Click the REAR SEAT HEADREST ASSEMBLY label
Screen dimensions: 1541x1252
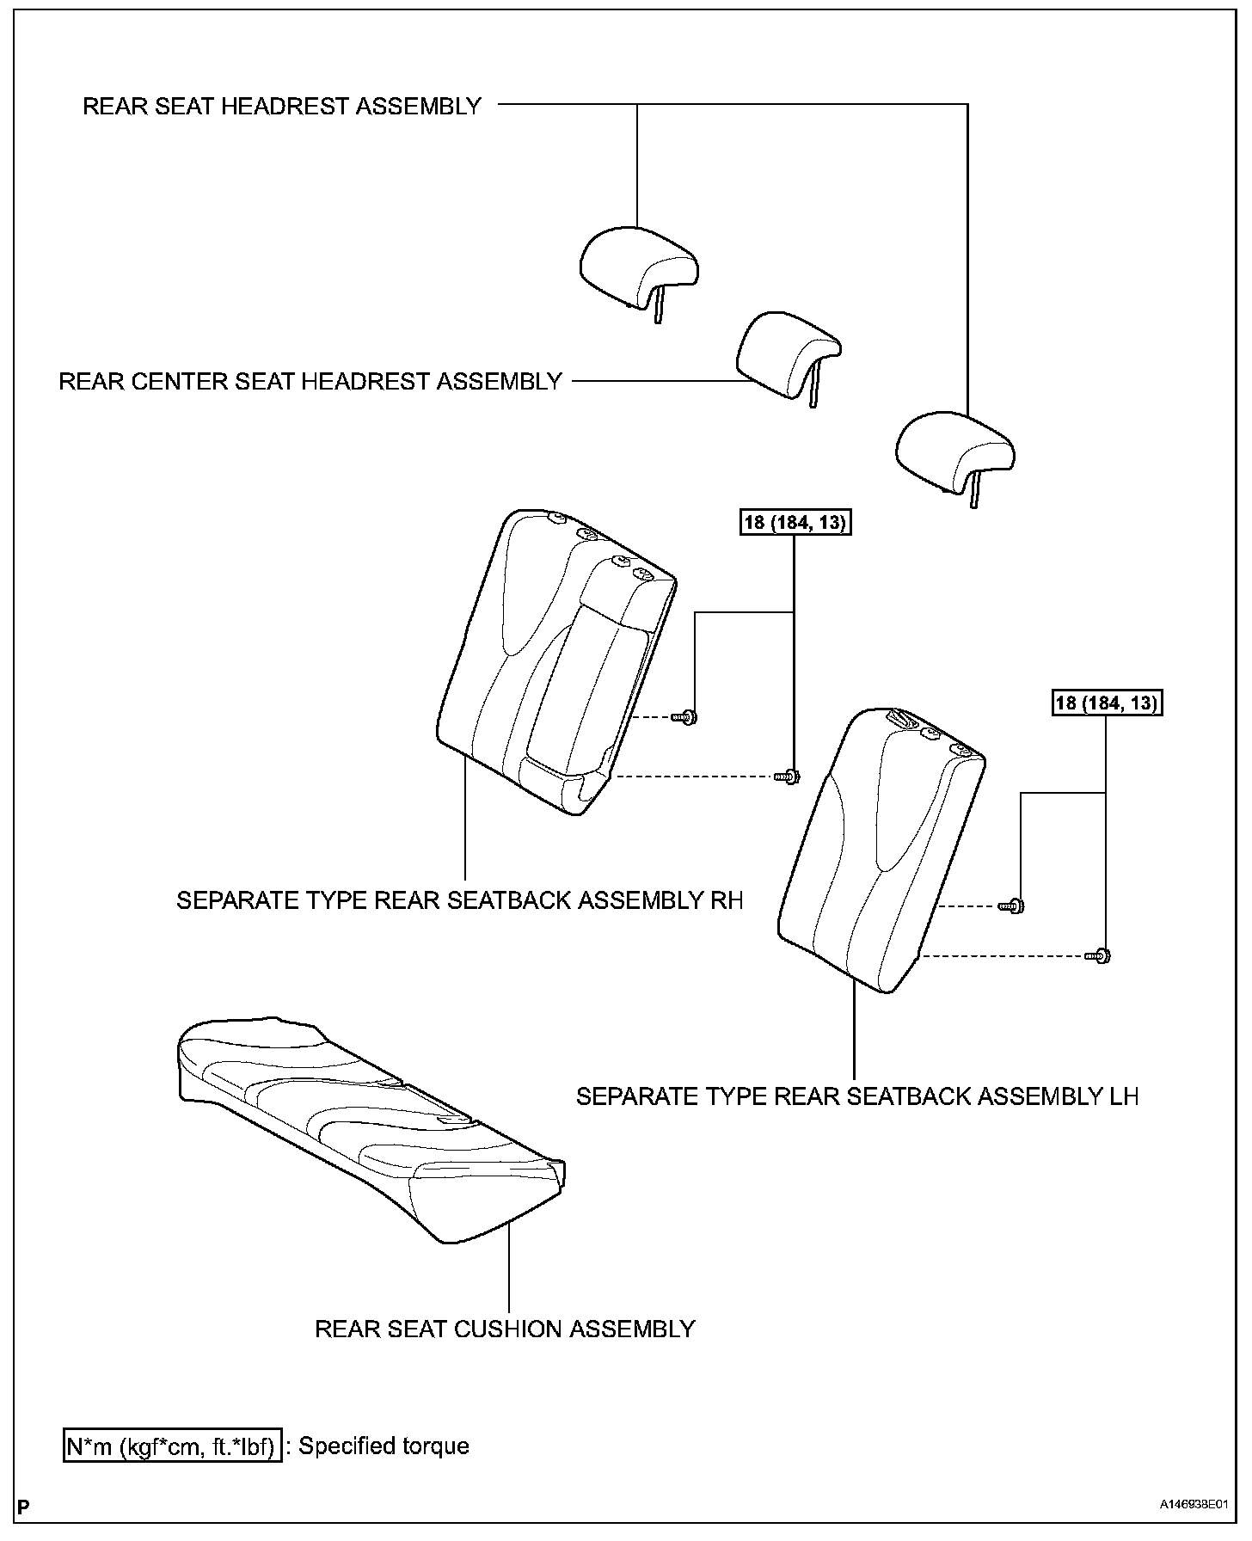pyautogui.click(x=281, y=106)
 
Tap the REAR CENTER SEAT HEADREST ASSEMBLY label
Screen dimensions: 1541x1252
pyautogui.click(x=310, y=381)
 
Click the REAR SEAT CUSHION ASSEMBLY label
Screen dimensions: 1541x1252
pyautogui.click(x=505, y=1329)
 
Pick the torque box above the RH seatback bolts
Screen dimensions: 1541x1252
pyautogui.click(x=795, y=522)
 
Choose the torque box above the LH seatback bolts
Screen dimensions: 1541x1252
pyautogui.click(x=1107, y=703)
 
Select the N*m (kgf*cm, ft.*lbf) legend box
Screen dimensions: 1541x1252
pyautogui.click(x=172, y=1446)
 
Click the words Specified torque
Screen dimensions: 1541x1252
pyautogui.click(x=384, y=1446)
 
